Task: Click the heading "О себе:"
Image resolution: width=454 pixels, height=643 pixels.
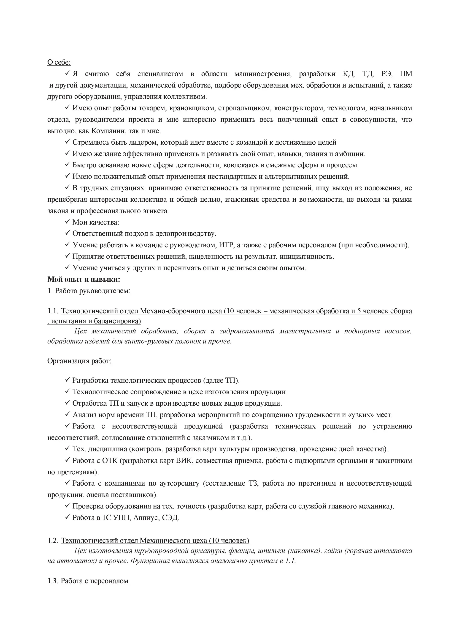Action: pos(59,62)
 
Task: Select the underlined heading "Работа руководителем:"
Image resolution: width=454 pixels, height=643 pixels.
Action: pos(93,291)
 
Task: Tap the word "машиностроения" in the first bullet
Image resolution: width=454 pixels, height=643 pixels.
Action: pos(263,74)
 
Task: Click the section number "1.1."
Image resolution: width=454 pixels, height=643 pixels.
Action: pos(53,311)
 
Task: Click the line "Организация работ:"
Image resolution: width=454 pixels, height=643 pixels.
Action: pos(79,361)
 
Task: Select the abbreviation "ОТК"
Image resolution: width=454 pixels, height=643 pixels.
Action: pos(110,461)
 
